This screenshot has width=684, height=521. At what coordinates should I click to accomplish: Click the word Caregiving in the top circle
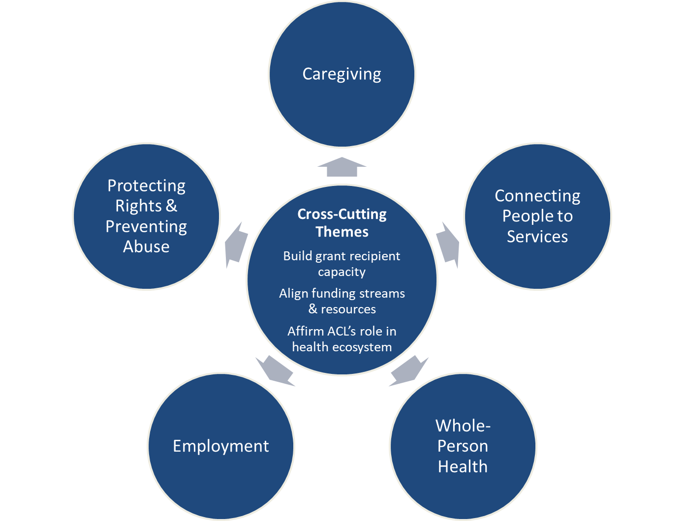(342, 74)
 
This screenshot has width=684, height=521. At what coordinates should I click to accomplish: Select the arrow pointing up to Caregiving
(342, 168)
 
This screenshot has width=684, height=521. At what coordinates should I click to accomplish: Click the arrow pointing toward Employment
(275, 370)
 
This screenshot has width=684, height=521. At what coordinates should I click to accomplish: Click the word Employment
(221, 446)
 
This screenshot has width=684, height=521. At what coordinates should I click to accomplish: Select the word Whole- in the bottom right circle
(463, 426)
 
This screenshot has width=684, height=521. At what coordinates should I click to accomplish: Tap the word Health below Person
(463, 466)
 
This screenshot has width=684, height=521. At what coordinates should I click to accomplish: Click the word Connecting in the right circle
(537, 196)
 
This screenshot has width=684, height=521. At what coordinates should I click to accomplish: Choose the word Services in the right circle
(537, 237)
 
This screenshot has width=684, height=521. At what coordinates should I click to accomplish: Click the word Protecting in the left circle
(146, 186)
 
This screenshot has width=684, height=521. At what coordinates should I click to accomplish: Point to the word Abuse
(146, 246)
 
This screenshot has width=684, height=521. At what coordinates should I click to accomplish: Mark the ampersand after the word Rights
(171, 206)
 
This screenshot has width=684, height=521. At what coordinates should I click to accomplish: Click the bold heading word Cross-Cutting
(342, 215)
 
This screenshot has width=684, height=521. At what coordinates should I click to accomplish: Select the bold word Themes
(342, 232)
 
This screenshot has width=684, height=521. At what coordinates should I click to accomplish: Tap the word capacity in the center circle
(342, 272)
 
